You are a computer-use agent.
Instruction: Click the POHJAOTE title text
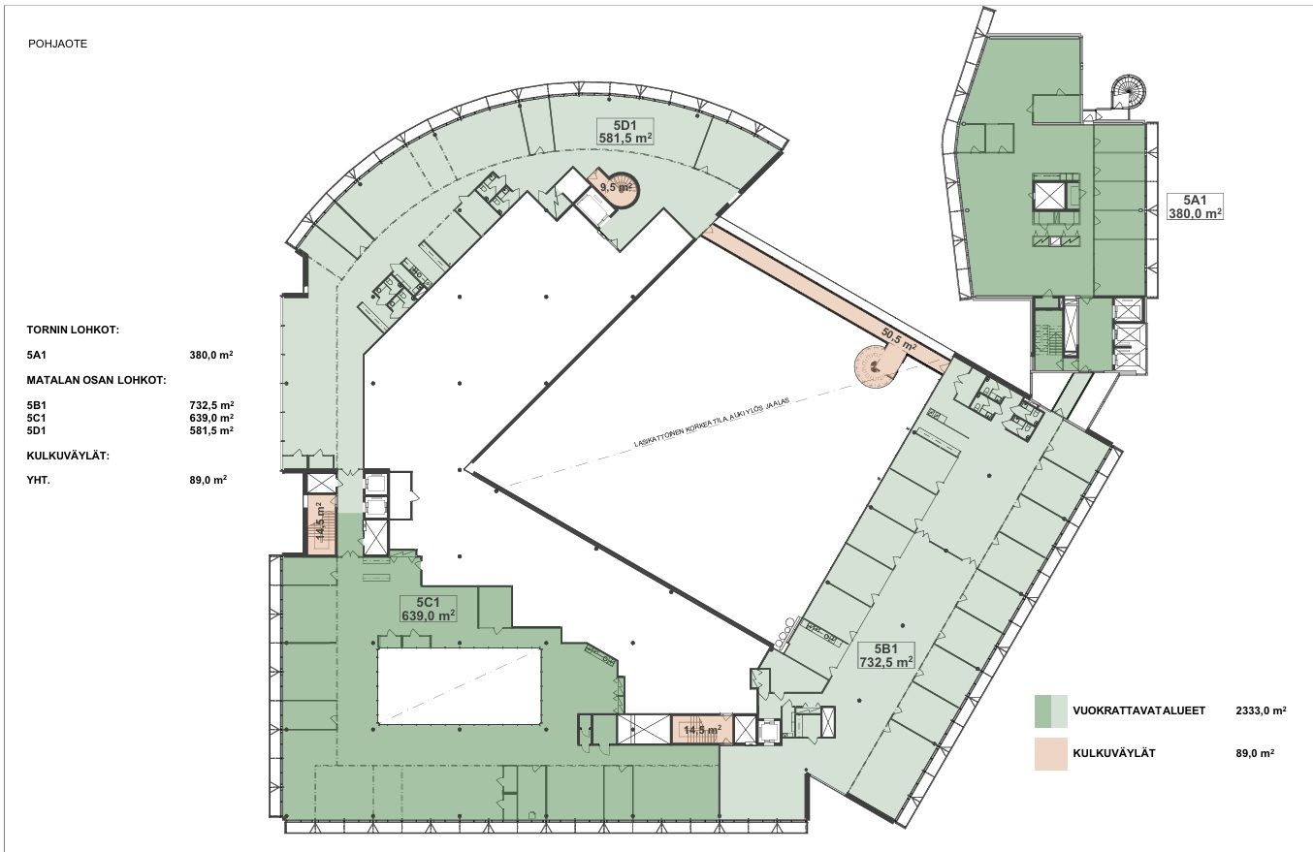click(57, 44)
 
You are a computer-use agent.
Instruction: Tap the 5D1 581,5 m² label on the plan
click(624, 131)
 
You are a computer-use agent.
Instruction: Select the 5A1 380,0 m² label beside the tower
click(1195, 206)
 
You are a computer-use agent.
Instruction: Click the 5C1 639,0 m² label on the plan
click(429, 609)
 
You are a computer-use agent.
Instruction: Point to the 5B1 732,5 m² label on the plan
click(886, 655)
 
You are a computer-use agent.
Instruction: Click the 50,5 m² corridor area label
click(899, 339)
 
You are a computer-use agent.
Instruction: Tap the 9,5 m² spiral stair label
click(617, 187)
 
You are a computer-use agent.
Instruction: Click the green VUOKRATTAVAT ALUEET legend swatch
click(1050, 710)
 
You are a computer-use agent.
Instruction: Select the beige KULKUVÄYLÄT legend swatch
click(1050, 753)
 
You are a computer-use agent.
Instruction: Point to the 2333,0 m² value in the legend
click(1261, 710)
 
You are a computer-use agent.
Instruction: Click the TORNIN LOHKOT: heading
click(73, 330)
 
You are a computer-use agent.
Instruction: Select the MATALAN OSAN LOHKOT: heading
click(96, 380)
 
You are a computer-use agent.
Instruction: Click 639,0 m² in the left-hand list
click(211, 418)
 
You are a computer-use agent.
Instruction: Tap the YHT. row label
click(38, 480)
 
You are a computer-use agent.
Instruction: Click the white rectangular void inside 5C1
click(459, 685)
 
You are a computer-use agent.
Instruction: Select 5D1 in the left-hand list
click(36, 430)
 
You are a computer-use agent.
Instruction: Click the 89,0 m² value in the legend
click(1255, 753)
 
